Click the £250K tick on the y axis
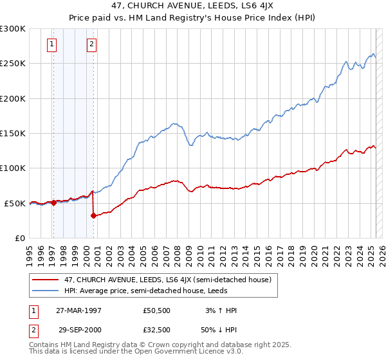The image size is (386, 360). (13, 64)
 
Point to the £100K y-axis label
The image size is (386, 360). (13, 168)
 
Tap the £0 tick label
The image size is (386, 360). (19, 238)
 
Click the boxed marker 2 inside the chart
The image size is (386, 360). (92, 44)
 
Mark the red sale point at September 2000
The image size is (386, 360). (94, 215)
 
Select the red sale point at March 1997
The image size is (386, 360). (54, 203)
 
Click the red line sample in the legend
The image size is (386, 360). (46, 280)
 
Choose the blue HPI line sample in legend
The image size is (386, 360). (46, 290)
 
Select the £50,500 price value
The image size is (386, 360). (157, 310)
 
